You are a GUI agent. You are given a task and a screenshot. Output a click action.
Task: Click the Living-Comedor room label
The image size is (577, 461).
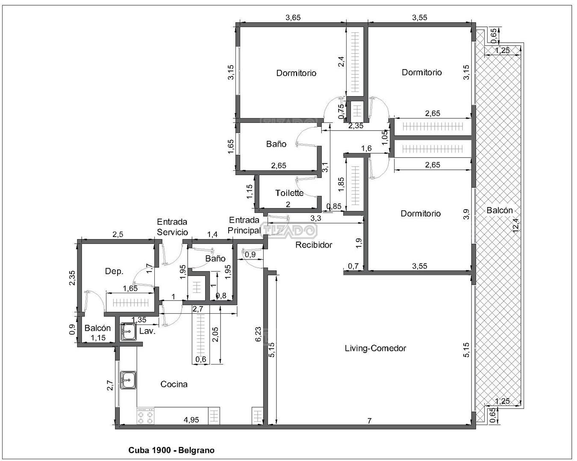pyautogui.click(x=375, y=348)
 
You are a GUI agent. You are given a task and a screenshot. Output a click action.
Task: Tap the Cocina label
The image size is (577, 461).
pyautogui.click(x=174, y=385)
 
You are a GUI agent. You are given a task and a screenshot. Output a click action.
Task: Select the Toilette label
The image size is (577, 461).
pyautogui.click(x=289, y=193)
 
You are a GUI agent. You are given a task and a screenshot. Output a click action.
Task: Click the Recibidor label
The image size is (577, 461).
pyautogui.click(x=314, y=245)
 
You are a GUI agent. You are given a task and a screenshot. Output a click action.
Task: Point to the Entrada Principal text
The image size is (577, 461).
pyautogui.click(x=244, y=225)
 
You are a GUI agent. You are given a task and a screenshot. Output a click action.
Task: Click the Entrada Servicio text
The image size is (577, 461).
pyautogui.click(x=172, y=227)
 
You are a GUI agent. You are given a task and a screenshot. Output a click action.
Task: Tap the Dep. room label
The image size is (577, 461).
pyautogui.click(x=114, y=271)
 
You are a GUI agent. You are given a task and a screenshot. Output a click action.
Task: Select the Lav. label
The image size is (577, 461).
pyautogui.click(x=147, y=331)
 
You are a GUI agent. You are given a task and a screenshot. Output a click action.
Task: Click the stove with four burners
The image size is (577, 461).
pyautogui.click(x=146, y=416)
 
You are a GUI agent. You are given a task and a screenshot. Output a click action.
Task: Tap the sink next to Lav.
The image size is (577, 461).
pyautogui.click(x=128, y=332)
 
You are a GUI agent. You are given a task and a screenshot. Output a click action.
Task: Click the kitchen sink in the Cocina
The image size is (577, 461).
pyautogui.click(x=128, y=380)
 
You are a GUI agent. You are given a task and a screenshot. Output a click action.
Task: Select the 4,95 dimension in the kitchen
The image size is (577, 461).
pyautogui.click(x=191, y=420)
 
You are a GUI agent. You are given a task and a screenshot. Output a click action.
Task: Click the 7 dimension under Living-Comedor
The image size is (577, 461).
pyautogui.click(x=369, y=421)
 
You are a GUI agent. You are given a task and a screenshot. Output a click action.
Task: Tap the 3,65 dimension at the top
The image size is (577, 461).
pyautogui.click(x=293, y=18)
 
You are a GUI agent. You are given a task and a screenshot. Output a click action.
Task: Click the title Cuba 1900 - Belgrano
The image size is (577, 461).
pyautogui.click(x=171, y=450)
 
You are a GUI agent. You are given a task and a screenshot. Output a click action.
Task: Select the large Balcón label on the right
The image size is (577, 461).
pyautogui.click(x=500, y=210)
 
